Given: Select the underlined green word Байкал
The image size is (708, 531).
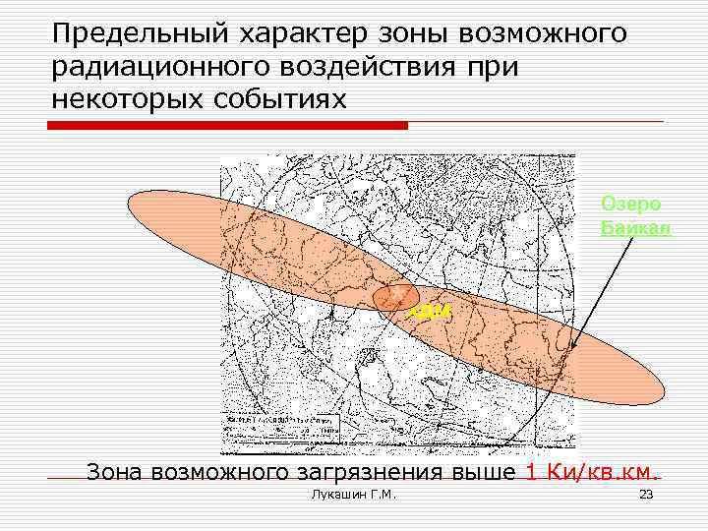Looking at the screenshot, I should pyautogui.click(x=635, y=228).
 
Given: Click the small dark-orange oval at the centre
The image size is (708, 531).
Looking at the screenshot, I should pyautogui.click(x=397, y=297).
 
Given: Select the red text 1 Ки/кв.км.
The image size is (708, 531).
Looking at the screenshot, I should pyautogui.click(x=592, y=471).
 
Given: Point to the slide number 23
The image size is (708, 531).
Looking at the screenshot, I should pyautogui.click(x=646, y=494).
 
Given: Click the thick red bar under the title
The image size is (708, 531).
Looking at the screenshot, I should pyautogui.click(x=228, y=125).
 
